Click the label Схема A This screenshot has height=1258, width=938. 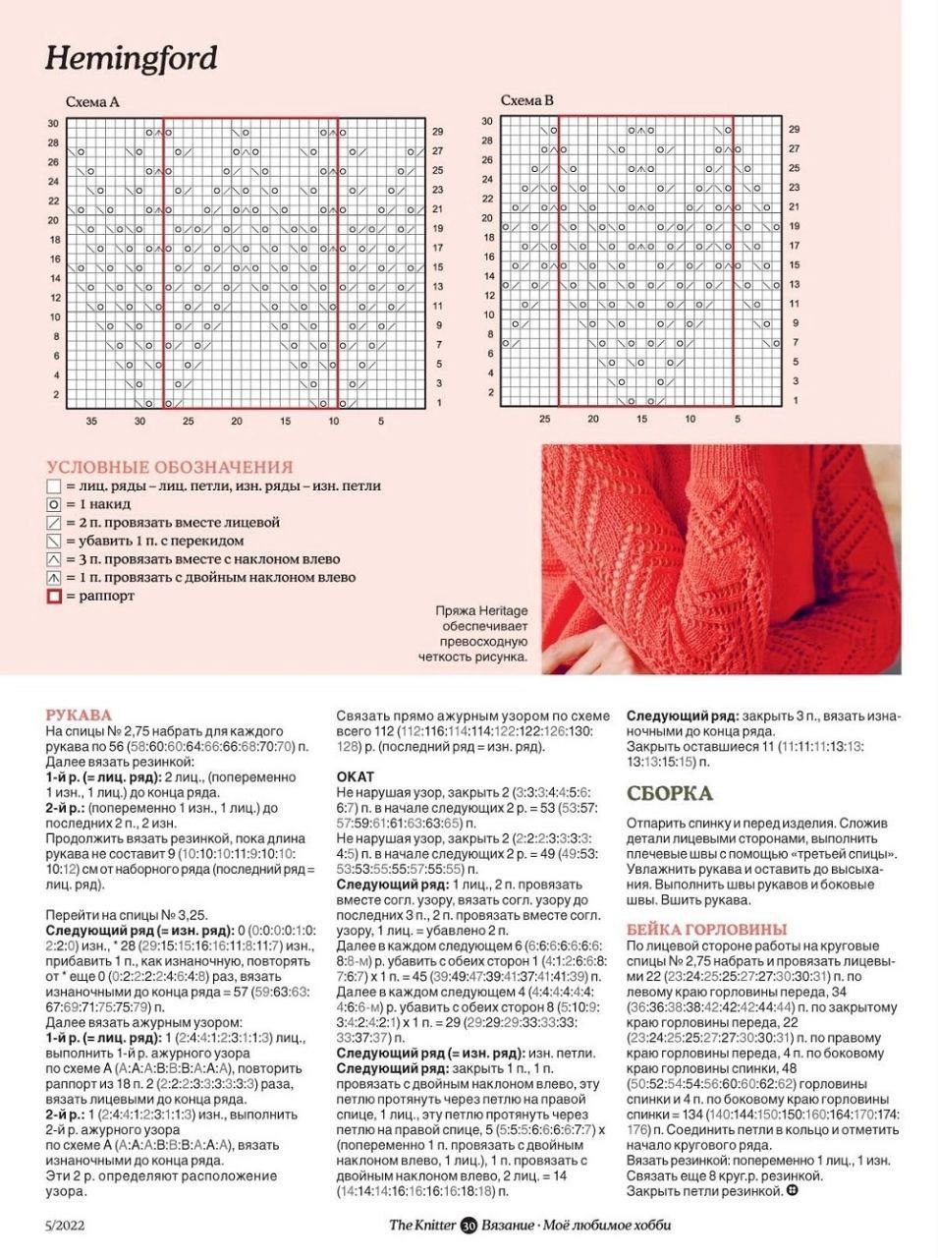click(92, 101)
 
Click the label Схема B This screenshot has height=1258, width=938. click(527, 100)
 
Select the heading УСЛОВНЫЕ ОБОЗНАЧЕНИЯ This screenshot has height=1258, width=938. click(170, 467)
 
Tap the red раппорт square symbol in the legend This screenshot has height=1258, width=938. click(54, 596)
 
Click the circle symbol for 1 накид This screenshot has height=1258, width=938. click(54, 504)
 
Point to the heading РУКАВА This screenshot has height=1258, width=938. click(79, 715)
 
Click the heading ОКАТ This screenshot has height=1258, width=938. click(356, 776)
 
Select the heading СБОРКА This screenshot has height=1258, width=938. click(670, 793)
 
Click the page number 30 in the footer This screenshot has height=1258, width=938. click(469, 1226)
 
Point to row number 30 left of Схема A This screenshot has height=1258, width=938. click(52, 123)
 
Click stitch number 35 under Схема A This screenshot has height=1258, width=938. click(91, 421)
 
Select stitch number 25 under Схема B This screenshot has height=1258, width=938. click(544, 419)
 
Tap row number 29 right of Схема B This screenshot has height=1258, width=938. click(795, 129)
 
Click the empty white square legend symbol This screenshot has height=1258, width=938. click(54, 486)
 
